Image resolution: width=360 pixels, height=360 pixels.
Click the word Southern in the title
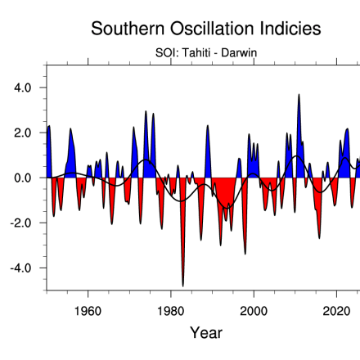[128, 29]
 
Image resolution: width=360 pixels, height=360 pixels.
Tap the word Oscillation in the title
[212, 29]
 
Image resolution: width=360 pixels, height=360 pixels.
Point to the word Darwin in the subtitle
[239, 52]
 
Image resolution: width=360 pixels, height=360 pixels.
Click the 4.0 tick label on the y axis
[23, 88]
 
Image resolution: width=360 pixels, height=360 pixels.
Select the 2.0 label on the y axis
[23, 133]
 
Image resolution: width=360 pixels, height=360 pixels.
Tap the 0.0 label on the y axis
[23, 178]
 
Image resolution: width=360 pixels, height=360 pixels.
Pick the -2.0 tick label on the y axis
[20, 223]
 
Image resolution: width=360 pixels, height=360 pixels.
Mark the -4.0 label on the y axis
[20, 268]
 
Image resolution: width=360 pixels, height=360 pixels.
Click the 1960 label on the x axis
[88, 311]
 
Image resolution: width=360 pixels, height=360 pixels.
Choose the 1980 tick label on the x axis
[171, 311]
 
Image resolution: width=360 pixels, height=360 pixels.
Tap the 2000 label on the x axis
[254, 311]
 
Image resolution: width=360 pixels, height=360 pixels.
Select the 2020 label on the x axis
[336, 311]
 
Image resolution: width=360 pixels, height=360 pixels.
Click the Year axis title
[206, 333]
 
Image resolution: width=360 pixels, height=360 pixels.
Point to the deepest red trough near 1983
[183, 286]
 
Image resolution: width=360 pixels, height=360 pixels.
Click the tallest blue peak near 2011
[299, 95]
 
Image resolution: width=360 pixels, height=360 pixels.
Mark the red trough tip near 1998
[245, 254]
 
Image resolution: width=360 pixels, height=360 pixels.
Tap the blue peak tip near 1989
[208, 125]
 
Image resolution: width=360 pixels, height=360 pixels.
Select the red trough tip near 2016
[319, 238]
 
